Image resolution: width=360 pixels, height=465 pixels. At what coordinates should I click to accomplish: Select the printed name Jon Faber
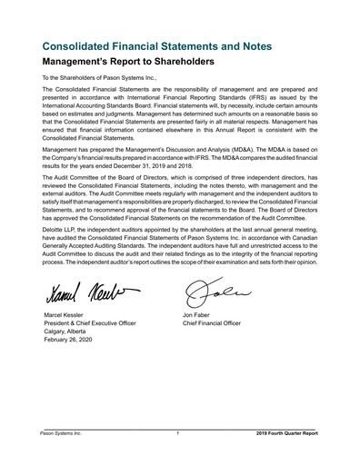tap(200, 316)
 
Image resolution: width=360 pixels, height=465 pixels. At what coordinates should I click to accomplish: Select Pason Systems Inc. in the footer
tap(61, 434)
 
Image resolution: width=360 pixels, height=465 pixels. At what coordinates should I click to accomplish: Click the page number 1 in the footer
tap(179, 434)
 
